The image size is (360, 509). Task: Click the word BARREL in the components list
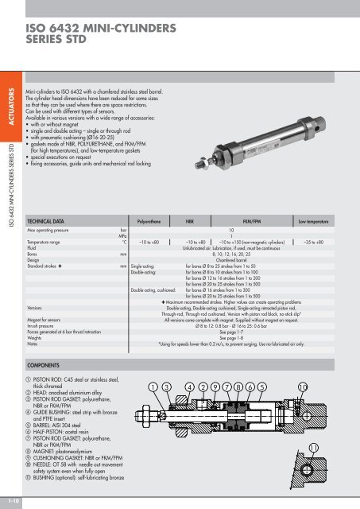coord(48,425)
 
